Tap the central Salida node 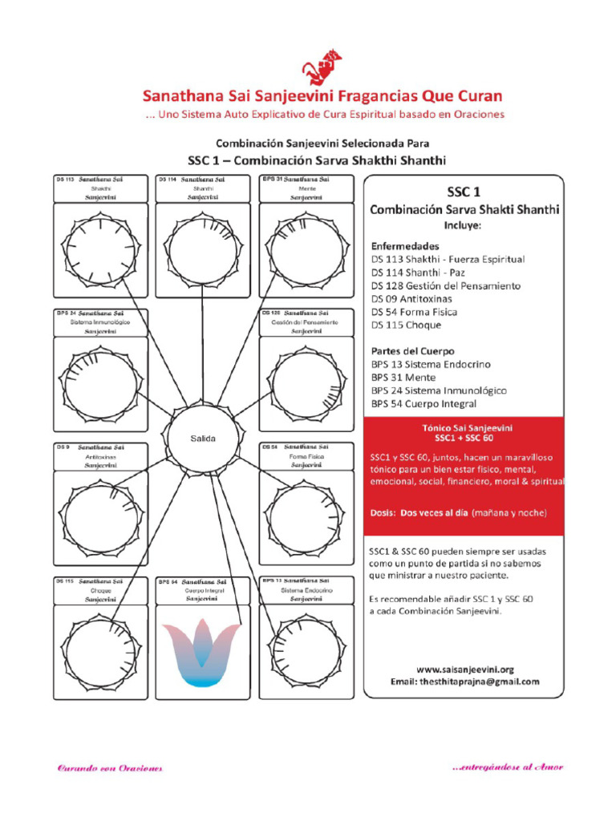coord(203,439)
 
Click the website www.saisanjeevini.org coord(464,669)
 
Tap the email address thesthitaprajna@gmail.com coord(464,682)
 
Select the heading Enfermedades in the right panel coord(405,245)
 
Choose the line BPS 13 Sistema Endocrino coord(431,364)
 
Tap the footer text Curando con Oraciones coord(109,768)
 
